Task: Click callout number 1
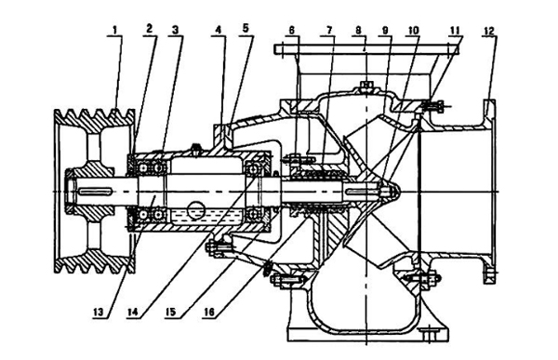point(114,29)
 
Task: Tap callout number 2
point(149,29)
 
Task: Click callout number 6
point(291,29)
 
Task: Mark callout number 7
point(327,29)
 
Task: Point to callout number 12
point(489,29)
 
